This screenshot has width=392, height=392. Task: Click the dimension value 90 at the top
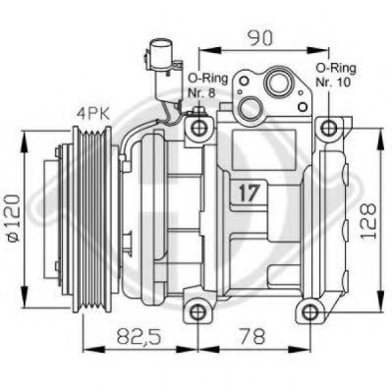[260, 37]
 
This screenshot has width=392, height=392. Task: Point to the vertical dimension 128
[367, 222]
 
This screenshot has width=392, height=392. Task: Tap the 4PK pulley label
[92, 114]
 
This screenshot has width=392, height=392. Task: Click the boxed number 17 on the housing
[249, 193]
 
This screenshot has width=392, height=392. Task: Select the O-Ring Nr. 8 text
[207, 85]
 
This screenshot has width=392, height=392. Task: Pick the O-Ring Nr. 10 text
[336, 75]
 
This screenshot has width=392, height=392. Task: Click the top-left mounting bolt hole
[198, 128]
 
